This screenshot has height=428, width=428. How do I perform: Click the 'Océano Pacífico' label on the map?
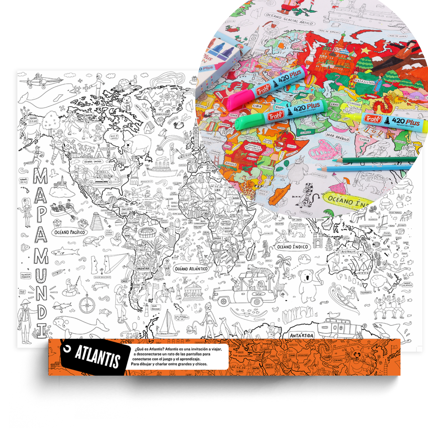[69, 232]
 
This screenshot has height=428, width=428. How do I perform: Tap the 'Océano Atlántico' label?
[191, 269]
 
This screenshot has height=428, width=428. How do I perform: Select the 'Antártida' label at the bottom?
[302, 335]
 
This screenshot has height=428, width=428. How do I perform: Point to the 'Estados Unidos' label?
[93, 161]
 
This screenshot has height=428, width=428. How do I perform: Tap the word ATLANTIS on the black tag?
[97, 356]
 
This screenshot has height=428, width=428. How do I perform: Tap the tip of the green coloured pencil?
[334, 161]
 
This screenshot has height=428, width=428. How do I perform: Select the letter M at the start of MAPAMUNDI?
[40, 176]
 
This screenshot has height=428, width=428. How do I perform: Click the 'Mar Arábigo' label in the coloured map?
[338, 137]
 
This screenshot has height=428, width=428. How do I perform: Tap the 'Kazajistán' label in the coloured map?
[364, 82]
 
